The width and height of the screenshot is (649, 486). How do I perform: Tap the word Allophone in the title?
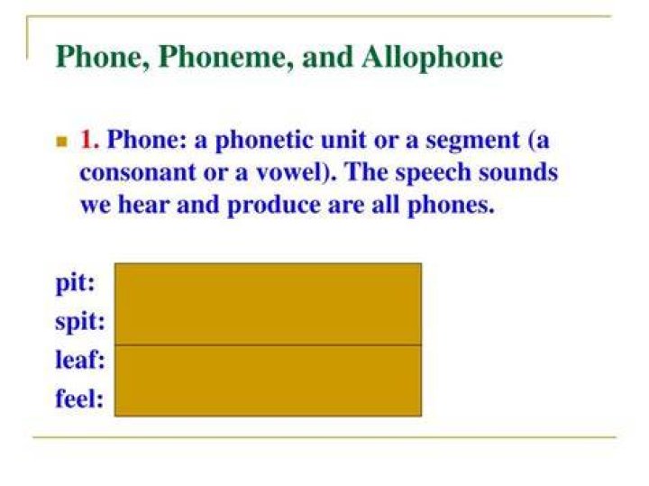pos(432,57)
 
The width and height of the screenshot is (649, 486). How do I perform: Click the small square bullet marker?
pos(61,142)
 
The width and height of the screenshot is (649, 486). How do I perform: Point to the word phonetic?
pos(264,141)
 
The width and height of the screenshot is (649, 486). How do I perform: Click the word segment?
pos(472,142)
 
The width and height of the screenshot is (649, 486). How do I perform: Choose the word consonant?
pos(137,172)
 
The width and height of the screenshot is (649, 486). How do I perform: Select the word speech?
pos(434,173)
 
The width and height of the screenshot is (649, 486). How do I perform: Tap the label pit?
pos(76,284)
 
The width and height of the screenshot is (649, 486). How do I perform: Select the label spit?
pos(80,323)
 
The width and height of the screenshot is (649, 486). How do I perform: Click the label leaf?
pos(80,360)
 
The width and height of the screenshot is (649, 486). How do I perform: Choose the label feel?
pos(79,399)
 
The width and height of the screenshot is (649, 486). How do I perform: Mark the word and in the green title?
pos(327,57)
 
